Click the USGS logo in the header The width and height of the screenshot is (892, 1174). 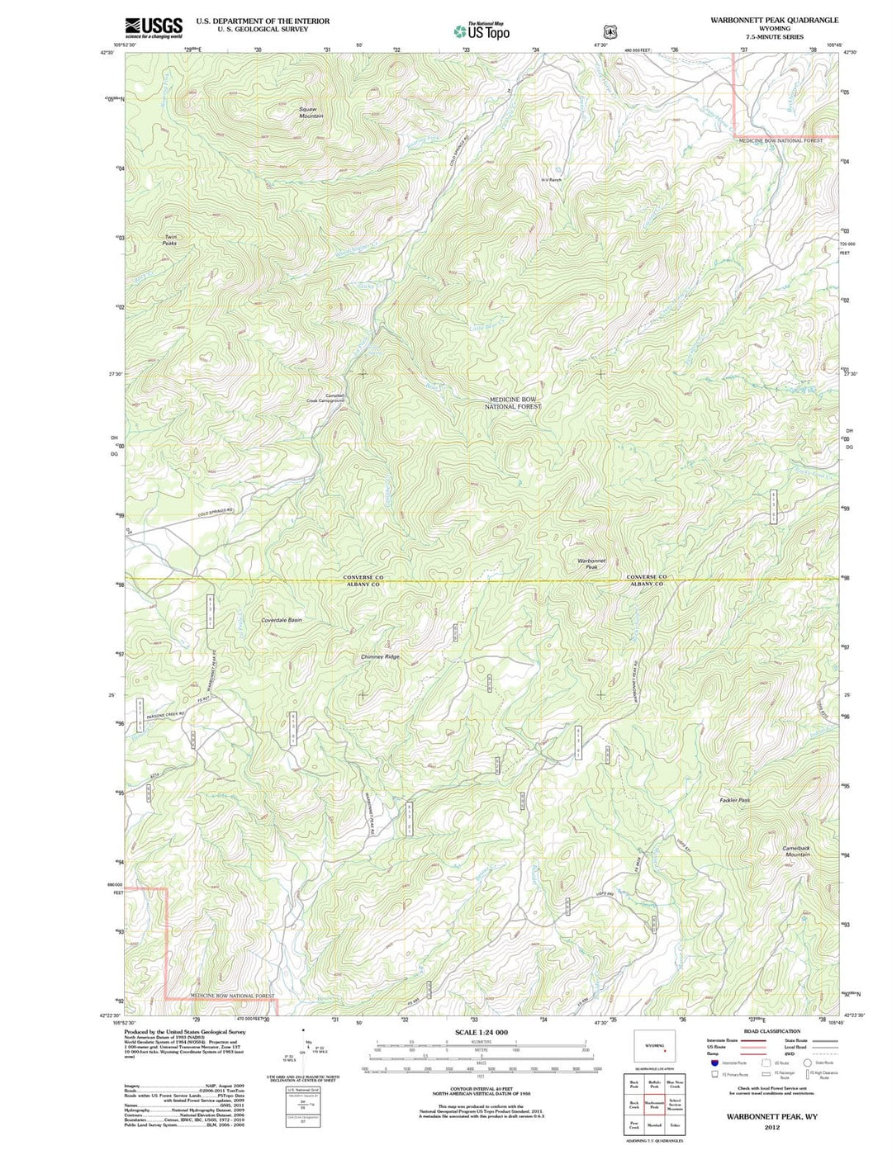154,29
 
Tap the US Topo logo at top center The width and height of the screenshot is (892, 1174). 482,31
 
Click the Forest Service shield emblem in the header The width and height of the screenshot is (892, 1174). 610,32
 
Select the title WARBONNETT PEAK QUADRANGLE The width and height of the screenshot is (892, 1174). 774,20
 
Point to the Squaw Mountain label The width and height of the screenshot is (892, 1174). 311,113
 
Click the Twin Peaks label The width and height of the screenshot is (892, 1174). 169,240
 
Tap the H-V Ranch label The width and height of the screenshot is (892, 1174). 551,179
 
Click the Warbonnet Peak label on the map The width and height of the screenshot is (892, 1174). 591,564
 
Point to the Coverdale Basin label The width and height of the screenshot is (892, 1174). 282,619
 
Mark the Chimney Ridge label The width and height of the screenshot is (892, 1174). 380,656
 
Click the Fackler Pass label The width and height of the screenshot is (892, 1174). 734,800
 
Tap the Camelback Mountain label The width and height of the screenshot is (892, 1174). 797,851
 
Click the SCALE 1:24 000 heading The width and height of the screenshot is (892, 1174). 482,1033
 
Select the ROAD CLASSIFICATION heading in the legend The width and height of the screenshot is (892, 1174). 771,1031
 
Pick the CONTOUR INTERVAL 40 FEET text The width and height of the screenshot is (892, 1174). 482,1089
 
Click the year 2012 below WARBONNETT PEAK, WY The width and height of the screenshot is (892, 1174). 771,1127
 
